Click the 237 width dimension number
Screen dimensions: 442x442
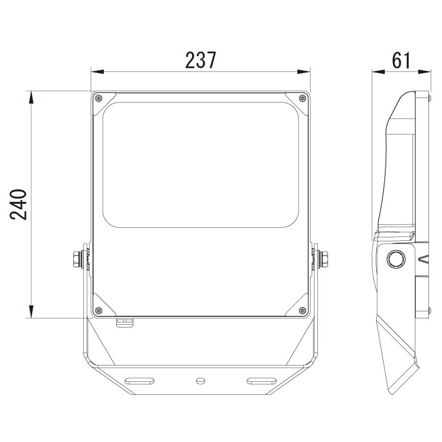click(x=201, y=60)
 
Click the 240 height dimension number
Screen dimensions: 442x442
click(x=18, y=205)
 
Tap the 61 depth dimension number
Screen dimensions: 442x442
click(x=401, y=60)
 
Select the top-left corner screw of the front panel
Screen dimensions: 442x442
click(x=99, y=99)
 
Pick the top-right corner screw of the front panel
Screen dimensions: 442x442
click(x=303, y=99)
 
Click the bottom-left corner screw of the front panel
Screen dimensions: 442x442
click(x=99, y=311)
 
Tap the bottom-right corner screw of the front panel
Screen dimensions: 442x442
click(x=303, y=311)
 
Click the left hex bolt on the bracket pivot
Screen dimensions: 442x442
click(x=77, y=259)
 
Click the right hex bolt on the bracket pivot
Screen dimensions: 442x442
click(x=324, y=259)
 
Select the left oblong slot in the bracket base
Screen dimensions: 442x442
click(x=139, y=381)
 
